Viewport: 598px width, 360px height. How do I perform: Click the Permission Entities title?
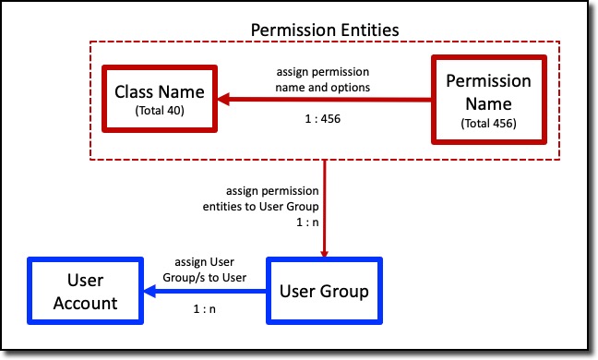pyautogui.click(x=325, y=30)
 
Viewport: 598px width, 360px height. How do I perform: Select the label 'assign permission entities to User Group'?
pyautogui.click(x=259, y=199)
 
